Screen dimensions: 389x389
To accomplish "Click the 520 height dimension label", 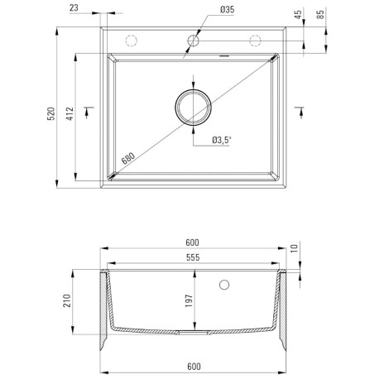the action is pyautogui.click(x=51, y=113).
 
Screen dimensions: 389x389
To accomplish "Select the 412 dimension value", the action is pyautogui.click(x=70, y=113).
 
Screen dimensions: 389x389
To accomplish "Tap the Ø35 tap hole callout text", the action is pyautogui.click(x=227, y=10).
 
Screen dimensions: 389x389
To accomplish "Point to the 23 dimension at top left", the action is pyautogui.click(x=74, y=8).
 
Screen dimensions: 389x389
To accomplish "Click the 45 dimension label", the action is pyautogui.click(x=298, y=15).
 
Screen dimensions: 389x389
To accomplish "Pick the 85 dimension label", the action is pyautogui.click(x=320, y=15).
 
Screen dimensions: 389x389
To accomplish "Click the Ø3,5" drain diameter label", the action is pyautogui.click(x=222, y=140).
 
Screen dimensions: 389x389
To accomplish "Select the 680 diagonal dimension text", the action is pyautogui.click(x=128, y=158).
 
